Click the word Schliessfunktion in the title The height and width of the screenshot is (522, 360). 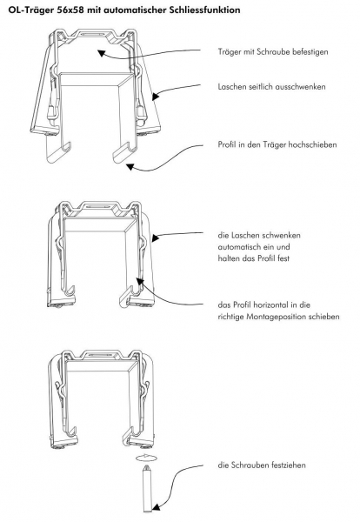tap(204, 10)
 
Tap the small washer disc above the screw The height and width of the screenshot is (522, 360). tap(146, 458)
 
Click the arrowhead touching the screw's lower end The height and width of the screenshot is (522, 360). tap(156, 507)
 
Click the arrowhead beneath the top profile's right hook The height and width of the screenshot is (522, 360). tap(130, 166)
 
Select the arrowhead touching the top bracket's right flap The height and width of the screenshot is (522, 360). tap(156, 96)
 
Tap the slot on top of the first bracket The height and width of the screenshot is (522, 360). tap(93, 34)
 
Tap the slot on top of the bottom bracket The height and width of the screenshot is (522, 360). tap(97, 355)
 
